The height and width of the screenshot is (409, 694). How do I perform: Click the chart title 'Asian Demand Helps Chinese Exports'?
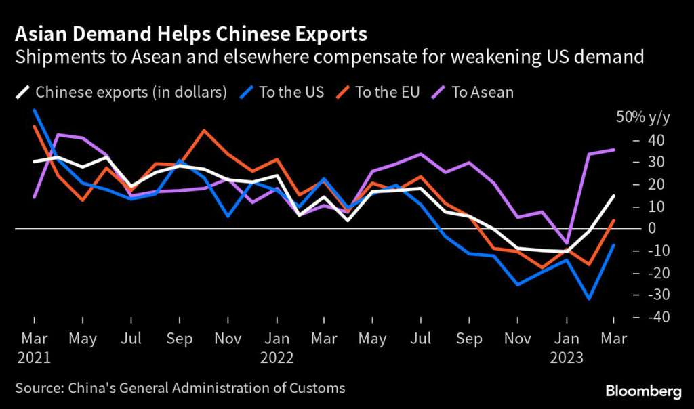(191, 35)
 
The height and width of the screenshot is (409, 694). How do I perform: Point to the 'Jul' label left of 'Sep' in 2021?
(130, 338)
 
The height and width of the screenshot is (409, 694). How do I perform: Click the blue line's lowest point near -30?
(590, 299)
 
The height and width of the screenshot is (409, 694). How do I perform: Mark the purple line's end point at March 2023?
(613, 150)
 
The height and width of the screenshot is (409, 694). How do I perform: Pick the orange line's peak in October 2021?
(203, 131)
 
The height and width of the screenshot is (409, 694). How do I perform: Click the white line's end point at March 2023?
(613, 196)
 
